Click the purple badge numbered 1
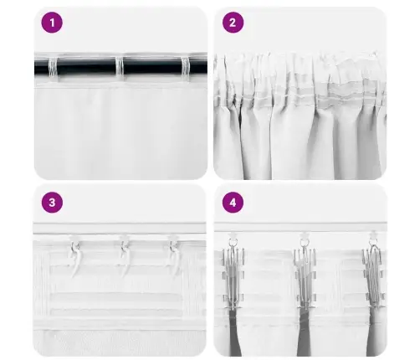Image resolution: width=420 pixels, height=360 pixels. click(x=52, y=23)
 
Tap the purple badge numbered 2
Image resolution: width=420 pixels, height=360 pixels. click(x=233, y=23)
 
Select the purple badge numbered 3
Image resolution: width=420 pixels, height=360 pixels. click(x=52, y=203)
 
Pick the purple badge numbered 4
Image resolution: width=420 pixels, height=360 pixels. click(x=233, y=203)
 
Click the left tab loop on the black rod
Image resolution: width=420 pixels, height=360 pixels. click(x=53, y=68)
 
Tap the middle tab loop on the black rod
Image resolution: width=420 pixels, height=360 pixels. click(x=120, y=68)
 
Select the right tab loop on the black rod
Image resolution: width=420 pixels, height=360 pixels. click(x=186, y=68)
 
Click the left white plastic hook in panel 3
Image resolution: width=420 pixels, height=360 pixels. click(x=75, y=255)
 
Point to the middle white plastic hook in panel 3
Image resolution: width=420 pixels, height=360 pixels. click(x=124, y=255)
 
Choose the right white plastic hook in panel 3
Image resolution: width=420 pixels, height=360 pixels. click(x=174, y=255)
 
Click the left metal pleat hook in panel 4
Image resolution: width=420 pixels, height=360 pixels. click(x=233, y=276)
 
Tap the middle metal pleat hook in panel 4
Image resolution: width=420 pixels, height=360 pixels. click(x=305, y=276)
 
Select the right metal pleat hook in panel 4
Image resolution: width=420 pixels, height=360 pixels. click(x=375, y=276)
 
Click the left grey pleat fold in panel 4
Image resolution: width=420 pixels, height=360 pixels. click(x=235, y=332)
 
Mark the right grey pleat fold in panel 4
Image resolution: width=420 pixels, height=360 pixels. click(x=374, y=332)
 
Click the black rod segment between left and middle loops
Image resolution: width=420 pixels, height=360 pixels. click(x=86, y=67)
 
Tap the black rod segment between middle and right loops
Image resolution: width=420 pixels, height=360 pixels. click(x=152, y=67)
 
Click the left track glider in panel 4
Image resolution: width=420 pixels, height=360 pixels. click(x=233, y=237)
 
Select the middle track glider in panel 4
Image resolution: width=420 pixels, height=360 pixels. click(x=305, y=237)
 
